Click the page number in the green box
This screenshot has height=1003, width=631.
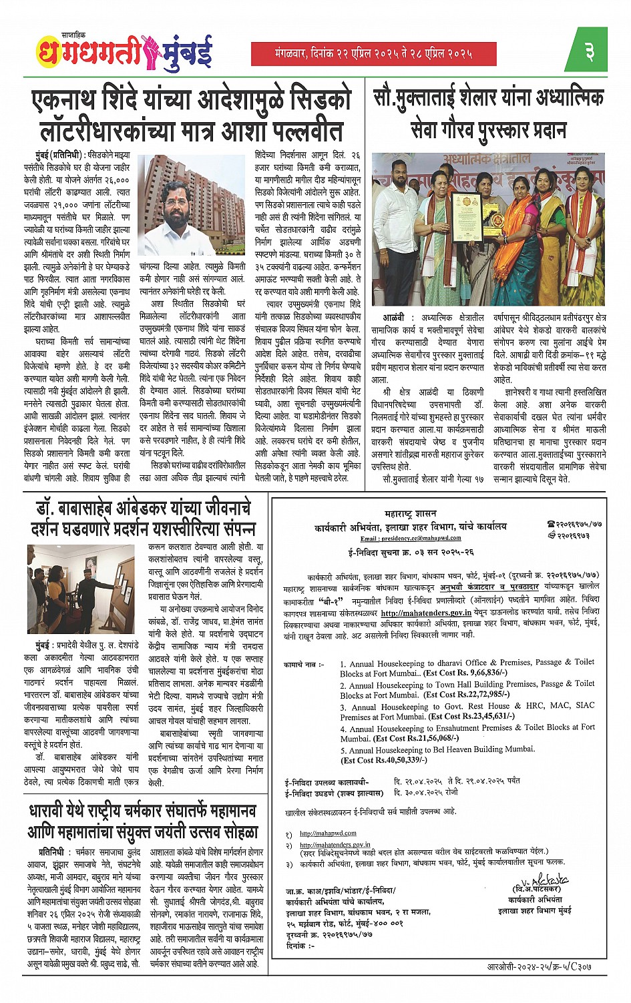tap(590, 51)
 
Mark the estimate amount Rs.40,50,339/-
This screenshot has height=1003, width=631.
tap(383, 760)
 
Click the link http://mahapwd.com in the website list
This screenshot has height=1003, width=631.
tap(328, 833)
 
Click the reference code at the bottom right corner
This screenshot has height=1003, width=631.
tap(539, 966)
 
